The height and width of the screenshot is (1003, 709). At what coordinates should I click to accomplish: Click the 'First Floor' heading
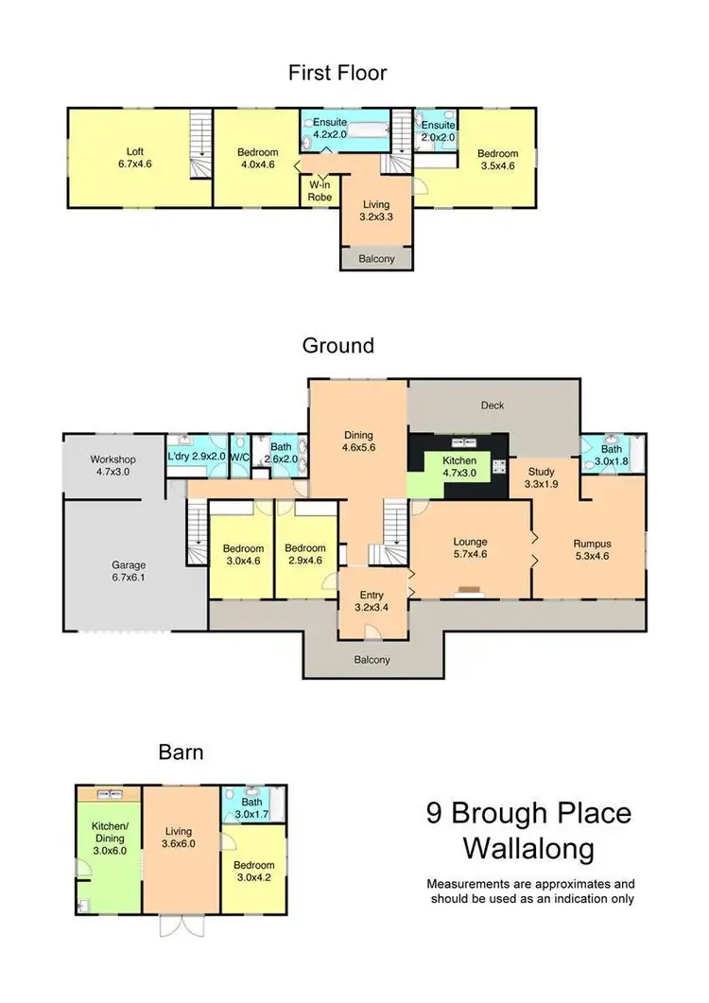(338, 73)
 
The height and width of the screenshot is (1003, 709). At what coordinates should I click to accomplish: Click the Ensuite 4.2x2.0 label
(331, 129)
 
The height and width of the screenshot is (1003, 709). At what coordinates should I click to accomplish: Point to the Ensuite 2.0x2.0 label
(439, 130)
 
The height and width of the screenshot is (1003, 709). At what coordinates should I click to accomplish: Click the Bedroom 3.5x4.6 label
(497, 160)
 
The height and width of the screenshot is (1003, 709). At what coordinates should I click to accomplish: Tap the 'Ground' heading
(338, 345)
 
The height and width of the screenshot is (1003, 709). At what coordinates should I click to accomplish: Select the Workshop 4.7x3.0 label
(113, 465)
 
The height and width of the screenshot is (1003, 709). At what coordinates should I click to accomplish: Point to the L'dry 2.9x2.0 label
(197, 458)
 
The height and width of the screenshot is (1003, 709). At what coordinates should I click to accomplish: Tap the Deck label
(493, 406)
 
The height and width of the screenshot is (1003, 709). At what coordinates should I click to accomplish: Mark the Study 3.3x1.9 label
(542, 477)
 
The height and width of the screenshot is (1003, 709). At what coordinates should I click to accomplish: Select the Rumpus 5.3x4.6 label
(593, 550)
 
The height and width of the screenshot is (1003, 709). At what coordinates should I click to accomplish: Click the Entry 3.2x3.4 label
(371, 601)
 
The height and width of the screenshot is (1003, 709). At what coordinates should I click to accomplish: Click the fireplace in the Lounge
(470, 592)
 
